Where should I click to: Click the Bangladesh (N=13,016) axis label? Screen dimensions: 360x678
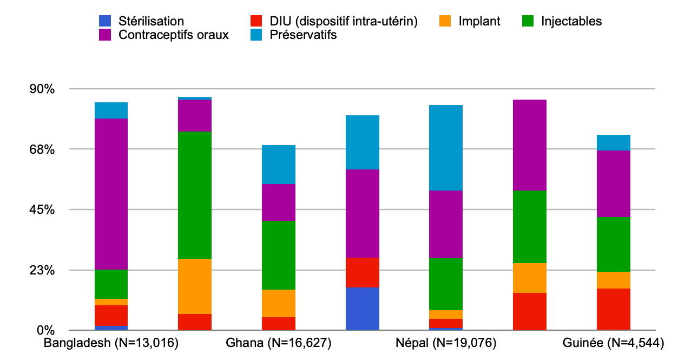[x=111, y=343]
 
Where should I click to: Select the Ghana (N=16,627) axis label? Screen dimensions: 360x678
[x=278, y=343]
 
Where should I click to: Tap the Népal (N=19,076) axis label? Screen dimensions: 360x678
[x=446, y=343]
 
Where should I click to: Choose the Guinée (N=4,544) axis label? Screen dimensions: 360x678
[x=614, y=343]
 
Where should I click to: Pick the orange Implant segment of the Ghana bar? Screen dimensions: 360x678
[x=278, y=303]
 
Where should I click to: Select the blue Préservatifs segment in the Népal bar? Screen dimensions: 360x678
[x=446, y=148]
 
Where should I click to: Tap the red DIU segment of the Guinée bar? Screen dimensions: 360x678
[x=614, y=309]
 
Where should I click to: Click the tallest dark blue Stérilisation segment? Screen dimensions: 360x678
[x=362, y=309]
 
